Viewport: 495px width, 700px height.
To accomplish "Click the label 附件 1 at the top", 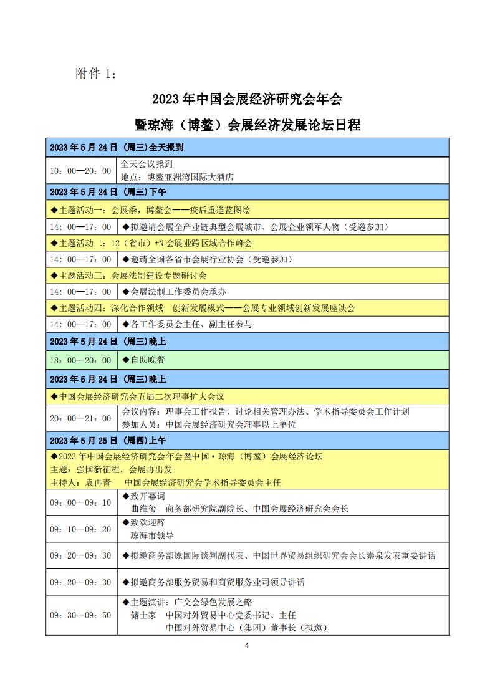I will [x=95, y=74].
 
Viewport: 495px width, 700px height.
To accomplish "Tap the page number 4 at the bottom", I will [x=247, y=645].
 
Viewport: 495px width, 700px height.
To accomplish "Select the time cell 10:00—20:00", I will [x=80, y=171].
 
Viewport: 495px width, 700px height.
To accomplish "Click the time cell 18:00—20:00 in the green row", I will [x=80, y=360].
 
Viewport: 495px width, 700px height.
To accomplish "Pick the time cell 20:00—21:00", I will [x=80, y=418].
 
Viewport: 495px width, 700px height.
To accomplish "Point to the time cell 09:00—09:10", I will [x=80, y=502].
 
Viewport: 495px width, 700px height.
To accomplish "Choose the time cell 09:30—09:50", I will [x=80, y=615].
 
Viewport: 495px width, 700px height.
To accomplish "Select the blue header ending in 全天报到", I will [x=116, y=148].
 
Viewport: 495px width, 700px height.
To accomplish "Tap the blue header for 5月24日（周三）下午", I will [x=107, y=192].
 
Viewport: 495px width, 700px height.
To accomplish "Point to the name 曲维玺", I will [x=143, y=509].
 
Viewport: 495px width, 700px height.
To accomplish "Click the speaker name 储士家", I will [x=143, y=615].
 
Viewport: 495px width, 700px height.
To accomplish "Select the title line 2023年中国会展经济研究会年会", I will [x=247, y=99].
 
